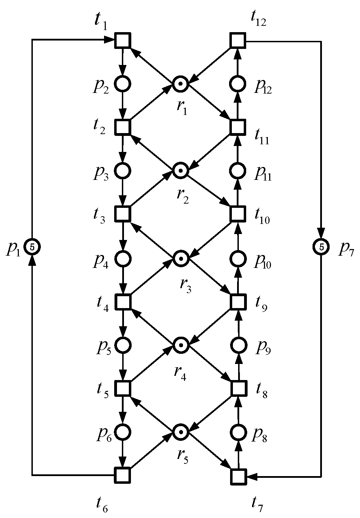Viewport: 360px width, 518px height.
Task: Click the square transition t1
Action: pos(123,40)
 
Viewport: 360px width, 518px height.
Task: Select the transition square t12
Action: pos(238,40)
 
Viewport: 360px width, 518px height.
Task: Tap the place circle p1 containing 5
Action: pos(32,247)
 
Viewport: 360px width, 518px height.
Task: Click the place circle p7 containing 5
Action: pos(321,247)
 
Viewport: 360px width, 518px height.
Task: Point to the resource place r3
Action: pos(181,258)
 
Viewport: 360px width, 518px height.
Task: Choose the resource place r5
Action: pos(181,432)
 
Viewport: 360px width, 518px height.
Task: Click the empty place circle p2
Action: pos(123,84)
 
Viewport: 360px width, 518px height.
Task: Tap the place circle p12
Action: pos(238,84)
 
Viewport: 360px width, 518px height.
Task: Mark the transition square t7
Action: pos(238,476)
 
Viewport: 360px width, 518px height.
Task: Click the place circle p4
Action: pos(123,258)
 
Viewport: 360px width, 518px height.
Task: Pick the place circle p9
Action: pos(238,345)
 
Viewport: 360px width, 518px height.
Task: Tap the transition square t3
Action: pos(123,213)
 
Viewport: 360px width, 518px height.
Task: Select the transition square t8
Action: pos(238,388)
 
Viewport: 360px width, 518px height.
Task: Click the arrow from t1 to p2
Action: pos(123,62)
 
